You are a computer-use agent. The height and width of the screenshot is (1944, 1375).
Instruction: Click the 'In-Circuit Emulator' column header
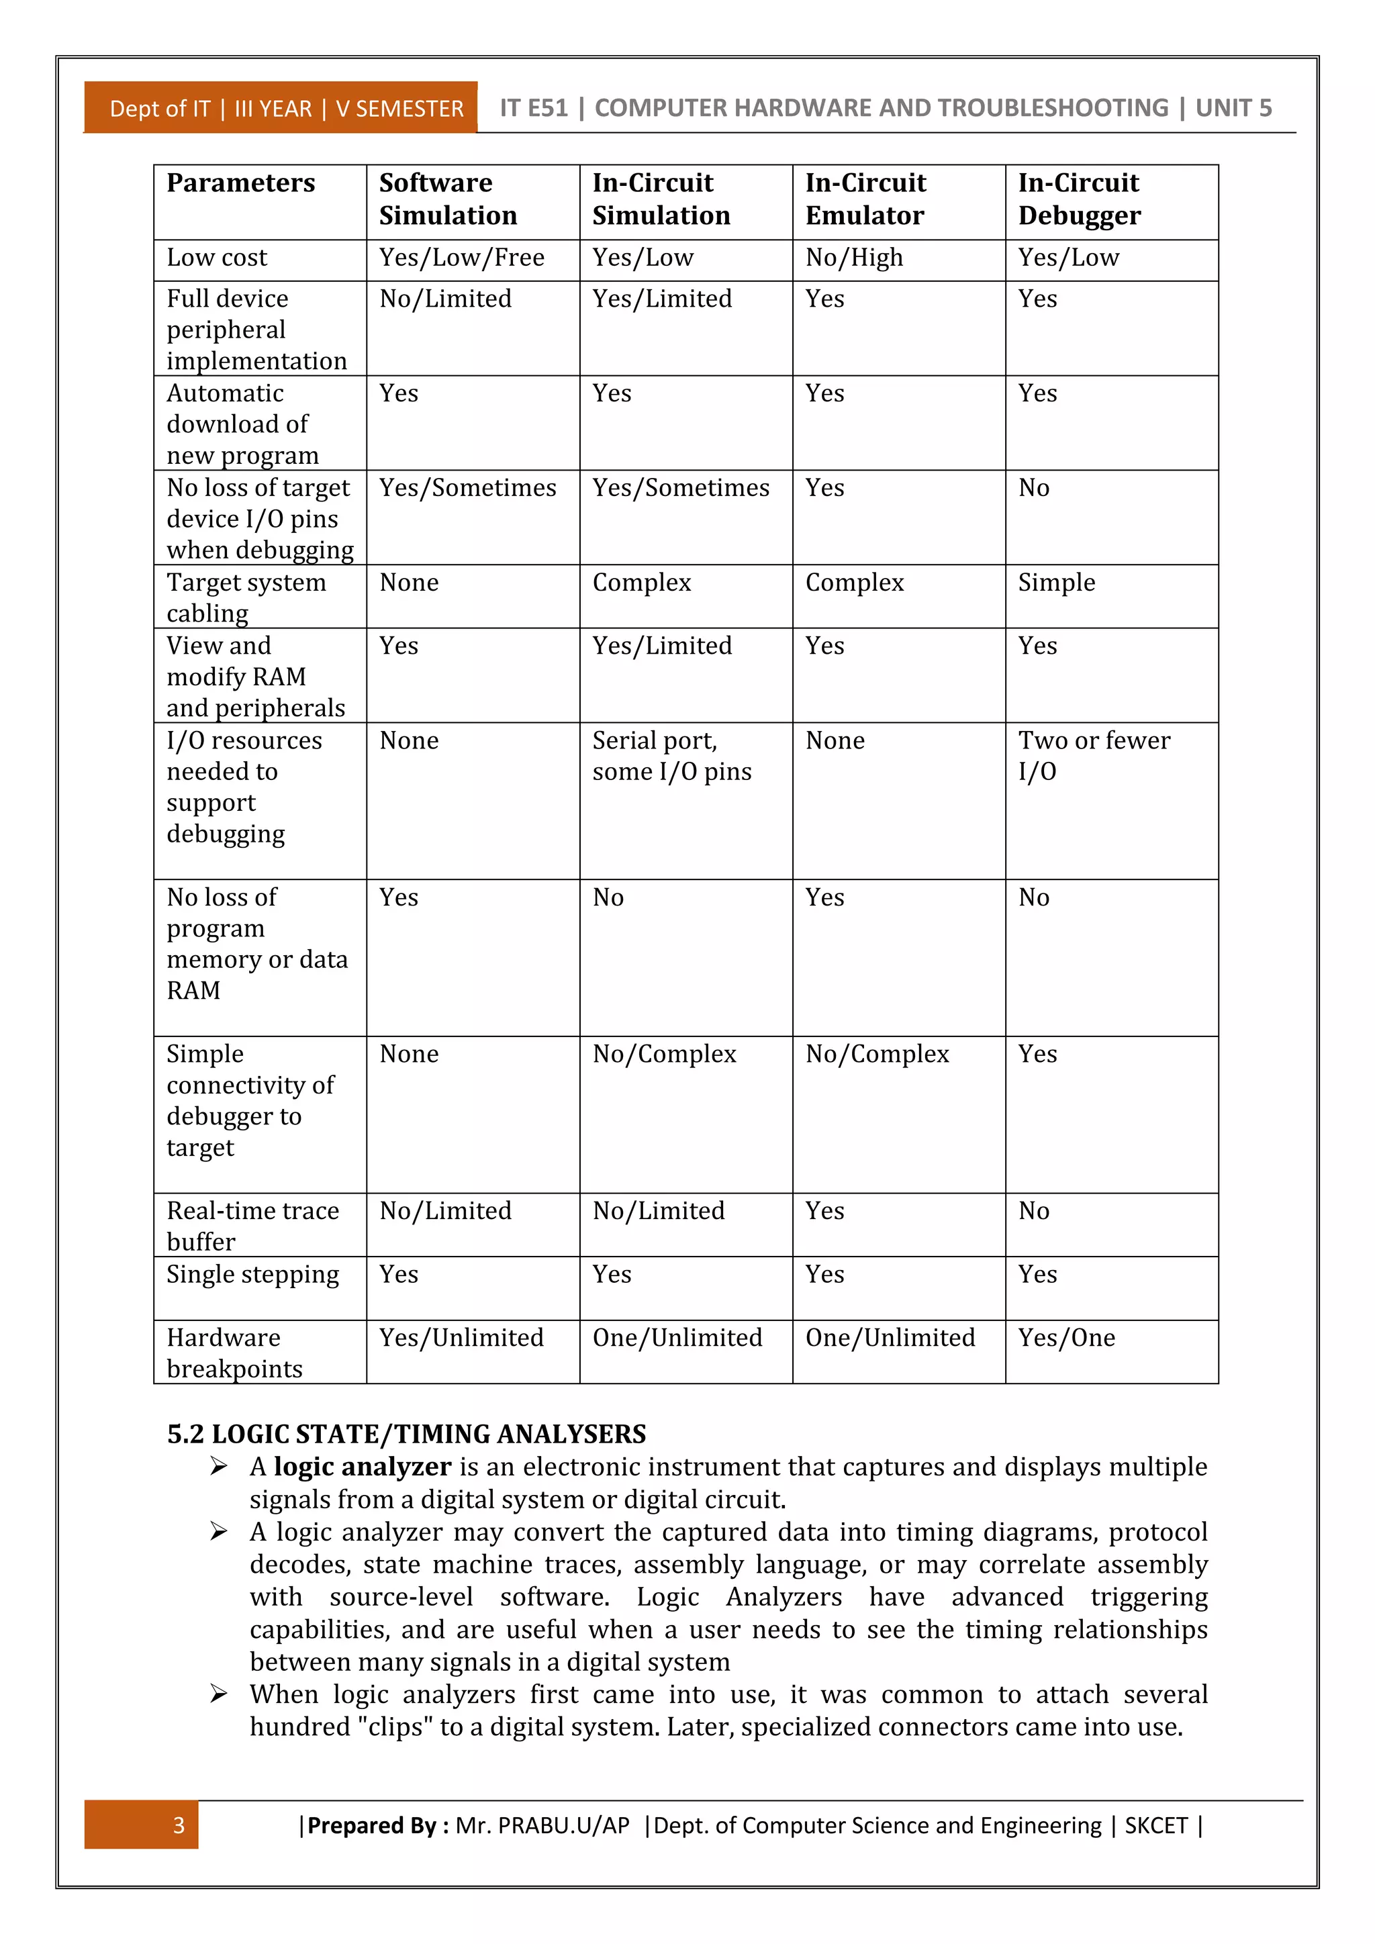click(x=865, y=199)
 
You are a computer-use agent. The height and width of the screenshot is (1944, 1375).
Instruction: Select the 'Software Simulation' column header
click(x=448, y=199)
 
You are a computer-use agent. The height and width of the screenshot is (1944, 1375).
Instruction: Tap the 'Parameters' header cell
click(x=240, y=183)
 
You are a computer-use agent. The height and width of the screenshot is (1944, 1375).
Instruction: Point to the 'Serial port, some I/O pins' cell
click(x=671, y=756)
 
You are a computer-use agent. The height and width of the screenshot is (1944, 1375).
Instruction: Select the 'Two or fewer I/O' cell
click(x=1093, y=756)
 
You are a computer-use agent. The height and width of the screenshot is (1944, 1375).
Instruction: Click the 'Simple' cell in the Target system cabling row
click(x=1056, y=583)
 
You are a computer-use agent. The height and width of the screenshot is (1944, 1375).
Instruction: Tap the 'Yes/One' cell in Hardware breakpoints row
click(x=1066, y=1338)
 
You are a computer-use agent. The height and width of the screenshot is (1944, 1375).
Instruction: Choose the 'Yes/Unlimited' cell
click(x=461, y=1338)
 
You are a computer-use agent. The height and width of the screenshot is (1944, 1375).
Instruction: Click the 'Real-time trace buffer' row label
click(x=252, y=1226)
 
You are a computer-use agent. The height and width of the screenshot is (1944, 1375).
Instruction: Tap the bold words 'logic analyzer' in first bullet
click(x=363, y=1467)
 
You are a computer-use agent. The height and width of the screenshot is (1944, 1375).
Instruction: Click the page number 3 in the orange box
click(x=178, y=1825)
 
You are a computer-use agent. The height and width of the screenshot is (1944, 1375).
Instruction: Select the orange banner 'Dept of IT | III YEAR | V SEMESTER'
click(x=286, y=108)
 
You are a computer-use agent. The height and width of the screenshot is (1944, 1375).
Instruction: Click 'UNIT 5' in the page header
click(x=1233, y=108)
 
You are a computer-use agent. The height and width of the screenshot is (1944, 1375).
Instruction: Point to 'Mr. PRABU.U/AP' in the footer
click(x=542, y=1825)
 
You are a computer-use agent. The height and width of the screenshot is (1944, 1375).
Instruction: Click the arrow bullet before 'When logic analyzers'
click(x=218, y=1694)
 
